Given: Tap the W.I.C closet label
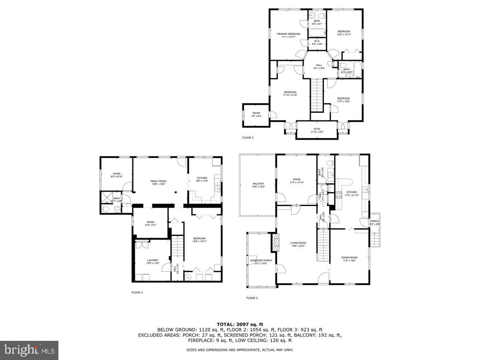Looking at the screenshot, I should tap(316, 42).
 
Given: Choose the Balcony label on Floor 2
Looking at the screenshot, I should tap(258, 185).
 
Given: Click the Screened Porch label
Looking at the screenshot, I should tap(261, 262).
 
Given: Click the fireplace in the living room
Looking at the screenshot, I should tap(275, 243).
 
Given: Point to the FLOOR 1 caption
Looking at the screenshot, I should tap(137, 292).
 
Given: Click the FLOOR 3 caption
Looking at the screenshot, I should tap(248, 138).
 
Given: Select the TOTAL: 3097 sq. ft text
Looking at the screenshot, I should tap(240, 324).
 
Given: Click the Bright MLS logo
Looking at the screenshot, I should tap(29, 350).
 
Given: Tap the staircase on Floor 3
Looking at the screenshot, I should tap(317, 95).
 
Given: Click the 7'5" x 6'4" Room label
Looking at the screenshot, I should tap(256, 115).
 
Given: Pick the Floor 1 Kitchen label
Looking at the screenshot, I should tap(202, 179).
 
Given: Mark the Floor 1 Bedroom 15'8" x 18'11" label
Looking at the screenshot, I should tap(199, 240).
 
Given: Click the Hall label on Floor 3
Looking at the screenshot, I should tap(319, 66).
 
